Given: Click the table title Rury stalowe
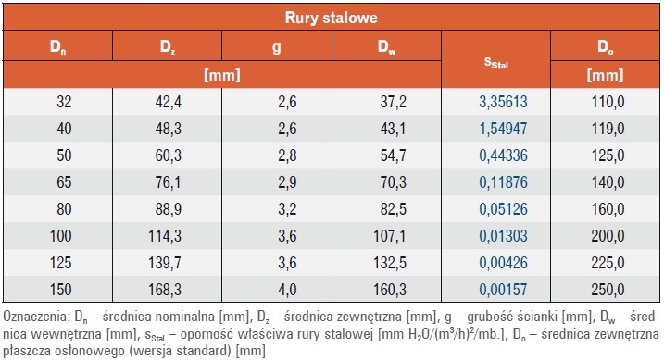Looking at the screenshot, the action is tap(332, 18).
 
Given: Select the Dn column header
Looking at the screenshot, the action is tap(57, 46).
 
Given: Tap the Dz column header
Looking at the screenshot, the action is tap(168, 46).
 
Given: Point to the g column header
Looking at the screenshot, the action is tap(277, 47).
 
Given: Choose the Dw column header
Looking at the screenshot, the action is tap(386, 46).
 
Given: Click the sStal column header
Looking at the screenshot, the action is tap(495, 63).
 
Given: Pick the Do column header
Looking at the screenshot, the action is tap(605, 46).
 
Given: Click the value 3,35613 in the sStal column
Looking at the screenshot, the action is tap(503, 102).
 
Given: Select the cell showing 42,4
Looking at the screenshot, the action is tap(168, 102).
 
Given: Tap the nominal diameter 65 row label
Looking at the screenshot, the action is tap(64, 182).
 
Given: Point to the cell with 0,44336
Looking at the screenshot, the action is tap(503, 155).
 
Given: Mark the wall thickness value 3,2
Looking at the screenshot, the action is tap(287, 209).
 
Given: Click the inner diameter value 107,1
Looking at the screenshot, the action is tap(389, 236).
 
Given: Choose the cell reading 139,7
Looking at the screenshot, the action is tap(164, 263).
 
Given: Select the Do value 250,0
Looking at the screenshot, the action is tap(608, 290).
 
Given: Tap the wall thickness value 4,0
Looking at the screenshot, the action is tap(287, 290).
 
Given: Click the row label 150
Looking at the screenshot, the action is tap(60, 290).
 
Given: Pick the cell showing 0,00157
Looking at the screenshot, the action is tap(503, 290).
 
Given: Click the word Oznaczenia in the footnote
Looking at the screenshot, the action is tap(34, 316).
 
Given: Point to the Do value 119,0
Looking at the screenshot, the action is tap(608, 129).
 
